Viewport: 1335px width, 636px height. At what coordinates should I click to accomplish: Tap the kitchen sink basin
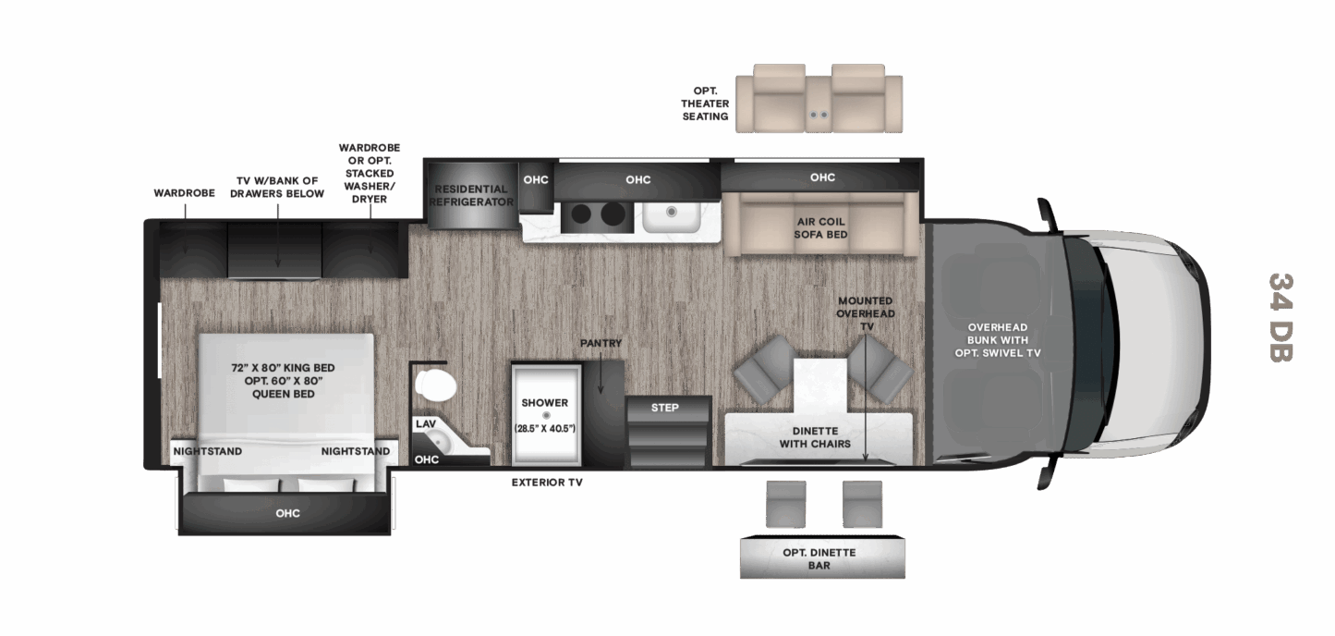[671, 217]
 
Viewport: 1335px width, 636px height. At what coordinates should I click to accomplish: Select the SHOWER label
[545, 403]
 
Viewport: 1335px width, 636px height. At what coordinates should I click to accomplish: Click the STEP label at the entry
[664, 408]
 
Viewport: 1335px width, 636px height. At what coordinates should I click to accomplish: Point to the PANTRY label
[601, 343]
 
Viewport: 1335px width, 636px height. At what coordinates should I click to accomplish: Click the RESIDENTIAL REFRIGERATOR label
[471, 195]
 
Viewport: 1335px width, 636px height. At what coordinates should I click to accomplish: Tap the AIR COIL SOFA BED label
[820, 227]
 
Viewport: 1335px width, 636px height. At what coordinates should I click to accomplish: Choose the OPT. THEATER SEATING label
[705, 104]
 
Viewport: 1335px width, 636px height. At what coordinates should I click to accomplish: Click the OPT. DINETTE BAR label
[819, 558]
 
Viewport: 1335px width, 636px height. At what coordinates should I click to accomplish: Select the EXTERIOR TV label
[547, 483]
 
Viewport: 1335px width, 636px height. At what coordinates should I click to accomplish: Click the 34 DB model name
[1280, 317]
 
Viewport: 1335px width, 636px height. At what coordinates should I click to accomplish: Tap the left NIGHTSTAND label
[207, 451]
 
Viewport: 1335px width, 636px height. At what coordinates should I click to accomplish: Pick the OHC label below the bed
[287, 513]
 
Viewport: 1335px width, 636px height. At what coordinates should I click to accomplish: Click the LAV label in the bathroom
[426, 423]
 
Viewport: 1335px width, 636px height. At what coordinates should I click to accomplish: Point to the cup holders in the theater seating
[819, 115]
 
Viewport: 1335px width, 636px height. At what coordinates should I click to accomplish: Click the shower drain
[546, 415]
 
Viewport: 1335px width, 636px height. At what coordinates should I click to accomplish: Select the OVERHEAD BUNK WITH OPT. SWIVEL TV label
[998, 340]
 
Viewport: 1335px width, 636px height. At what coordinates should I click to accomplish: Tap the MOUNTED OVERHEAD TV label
[866, 313]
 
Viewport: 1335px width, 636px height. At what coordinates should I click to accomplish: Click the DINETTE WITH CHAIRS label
[815, 437]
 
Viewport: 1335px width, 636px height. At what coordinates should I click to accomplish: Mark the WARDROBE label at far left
[184, 193]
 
